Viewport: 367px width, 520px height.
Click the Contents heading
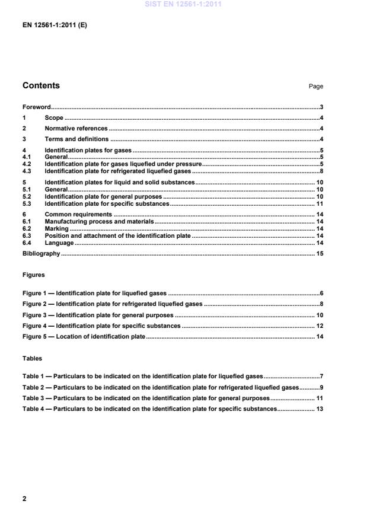[x=41, y=85]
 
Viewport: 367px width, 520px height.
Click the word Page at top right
[x=315, y=87]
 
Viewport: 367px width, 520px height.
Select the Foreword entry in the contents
[x=36, y=107]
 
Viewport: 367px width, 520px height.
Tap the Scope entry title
[x=54, y=118]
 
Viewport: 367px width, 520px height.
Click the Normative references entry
[x=76, y=128]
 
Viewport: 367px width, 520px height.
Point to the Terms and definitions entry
[x=76, y=139]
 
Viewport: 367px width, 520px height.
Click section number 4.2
[x=27, y=164]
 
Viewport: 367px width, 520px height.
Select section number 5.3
[x=27, y=203]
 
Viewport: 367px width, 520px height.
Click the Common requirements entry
[x=78, y=214]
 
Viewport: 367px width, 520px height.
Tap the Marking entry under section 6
[x=56, y=228]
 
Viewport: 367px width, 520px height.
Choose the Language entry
[x=59, y=243]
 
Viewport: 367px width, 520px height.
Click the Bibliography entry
[x=41, y=254]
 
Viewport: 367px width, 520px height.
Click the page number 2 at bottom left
[x=24, y=499]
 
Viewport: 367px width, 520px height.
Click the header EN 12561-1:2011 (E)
[x=55, y=25]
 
